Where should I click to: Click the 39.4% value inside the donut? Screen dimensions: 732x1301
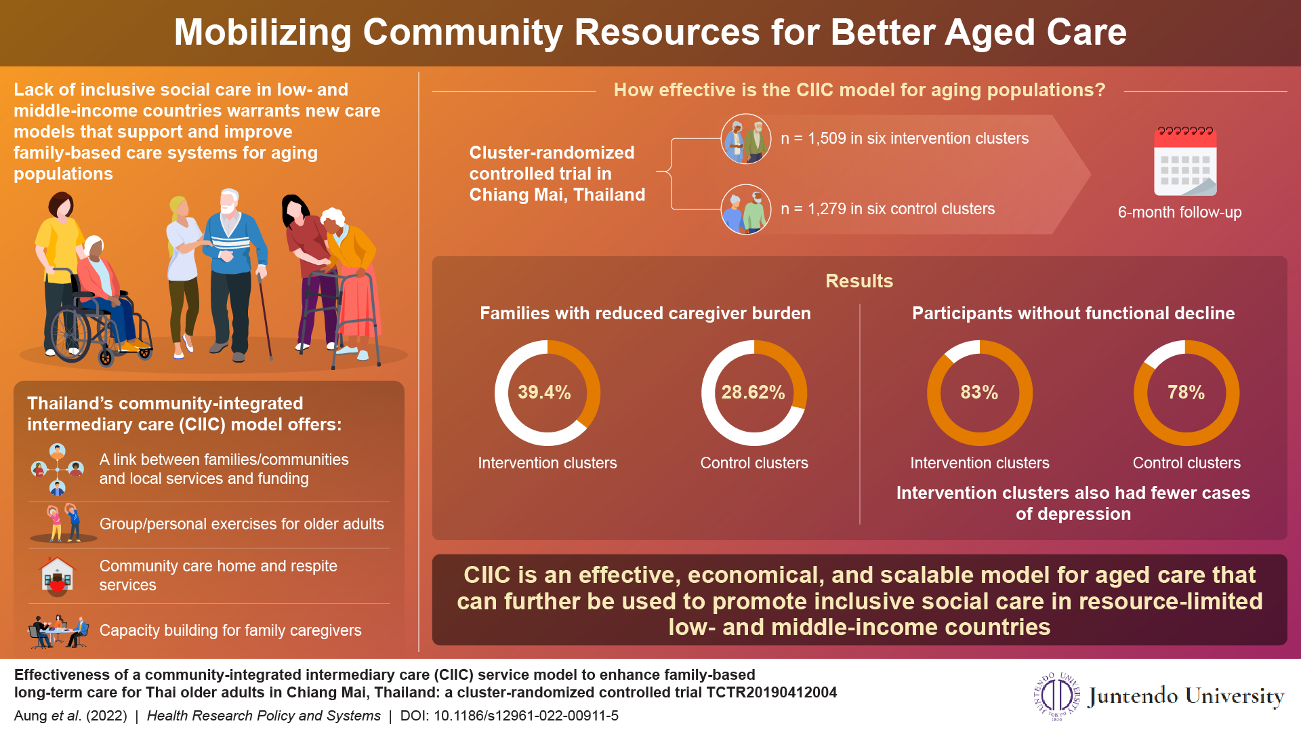click(544, 392)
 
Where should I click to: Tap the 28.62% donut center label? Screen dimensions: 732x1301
click(753, 392)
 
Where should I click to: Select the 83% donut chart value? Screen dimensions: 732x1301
click(979, 392)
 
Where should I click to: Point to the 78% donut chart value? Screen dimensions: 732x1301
click(1186, 392)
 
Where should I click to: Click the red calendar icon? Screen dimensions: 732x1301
click(1185, 161)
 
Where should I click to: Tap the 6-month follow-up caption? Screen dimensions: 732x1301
click(1179, 212)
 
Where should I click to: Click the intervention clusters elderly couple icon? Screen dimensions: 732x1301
click(746, 139)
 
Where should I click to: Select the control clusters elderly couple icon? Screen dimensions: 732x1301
click(746, 209)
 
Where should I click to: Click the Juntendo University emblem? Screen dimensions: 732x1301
click(1056, 695)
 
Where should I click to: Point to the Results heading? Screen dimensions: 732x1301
click(859, 281)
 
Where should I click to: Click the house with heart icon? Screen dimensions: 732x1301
click(58, 575)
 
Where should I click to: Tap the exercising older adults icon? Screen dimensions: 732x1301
click(63, 523)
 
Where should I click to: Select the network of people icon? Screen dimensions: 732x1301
click(57, 469)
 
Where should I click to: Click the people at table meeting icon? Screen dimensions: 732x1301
click(58, 631)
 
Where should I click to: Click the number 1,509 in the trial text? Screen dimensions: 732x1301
click(827, 138)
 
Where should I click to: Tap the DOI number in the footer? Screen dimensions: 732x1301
click(526, 716)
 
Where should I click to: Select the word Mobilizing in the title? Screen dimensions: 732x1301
click(263, 33)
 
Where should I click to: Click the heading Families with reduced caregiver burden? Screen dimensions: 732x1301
click(644, 313)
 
